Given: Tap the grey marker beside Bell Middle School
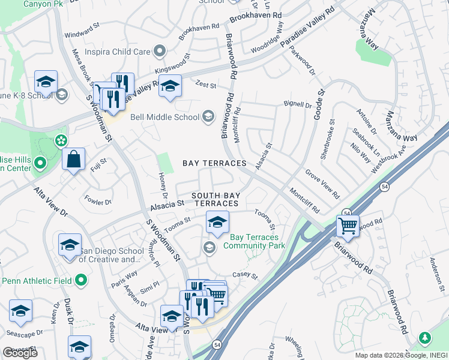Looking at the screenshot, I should tap(208, 116).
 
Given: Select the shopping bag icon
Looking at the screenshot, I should tap(73, 160).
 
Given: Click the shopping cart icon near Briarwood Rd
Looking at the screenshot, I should tap(348, 226).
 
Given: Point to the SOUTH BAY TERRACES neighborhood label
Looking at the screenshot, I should tap(219, 200).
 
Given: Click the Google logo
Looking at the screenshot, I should tap(20, 353).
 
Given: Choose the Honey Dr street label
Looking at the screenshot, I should tap(162, 184).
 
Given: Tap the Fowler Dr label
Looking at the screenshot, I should tap(98, 200).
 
